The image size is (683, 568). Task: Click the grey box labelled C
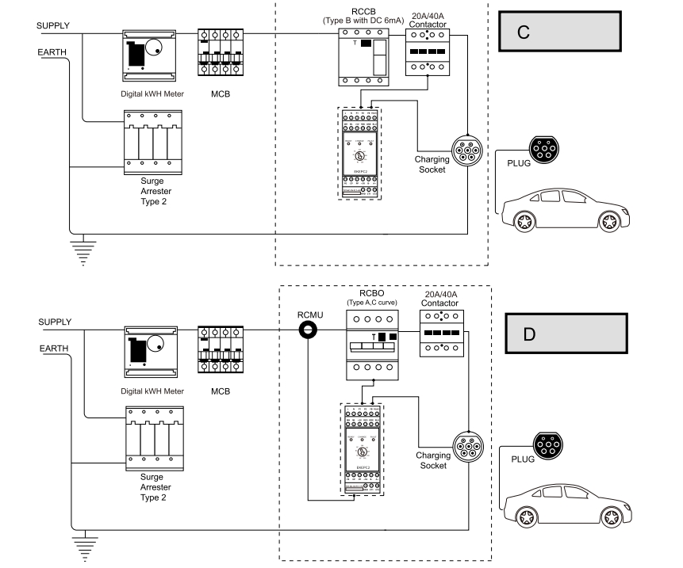[x=558, y=33]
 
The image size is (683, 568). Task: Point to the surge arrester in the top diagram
[x=148, y=143]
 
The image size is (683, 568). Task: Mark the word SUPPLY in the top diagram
[x=53, y=25]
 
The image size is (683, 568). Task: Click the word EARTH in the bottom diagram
[x=53, y=348]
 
